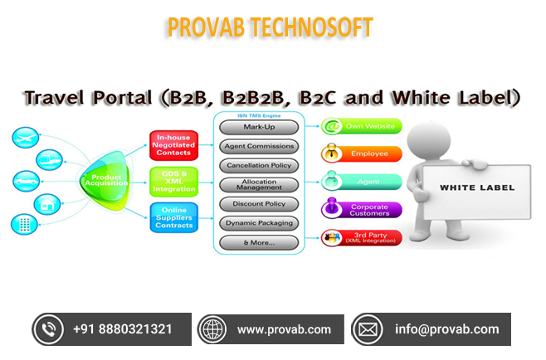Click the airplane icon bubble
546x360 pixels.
[x=26, y=138]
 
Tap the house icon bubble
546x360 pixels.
[x=47, y=204]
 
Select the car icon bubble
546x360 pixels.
[x=27, y=181]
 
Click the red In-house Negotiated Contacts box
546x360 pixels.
[x=173, y=145]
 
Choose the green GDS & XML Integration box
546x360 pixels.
[x=173, y=182]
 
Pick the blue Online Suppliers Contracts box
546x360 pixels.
[x=174, y=217]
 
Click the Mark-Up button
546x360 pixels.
[x=259, y=127]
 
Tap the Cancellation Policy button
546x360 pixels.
[x=259, y=165]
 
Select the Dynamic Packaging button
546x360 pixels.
[x=259, y=223]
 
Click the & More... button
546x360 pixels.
[x=259, y=243]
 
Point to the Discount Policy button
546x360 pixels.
[x=259, y=204]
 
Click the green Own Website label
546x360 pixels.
[x=362, y=126]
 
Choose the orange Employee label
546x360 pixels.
[x=362, y=153]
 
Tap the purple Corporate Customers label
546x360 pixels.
[x=362, y=209]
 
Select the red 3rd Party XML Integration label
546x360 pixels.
[x=362, y=238]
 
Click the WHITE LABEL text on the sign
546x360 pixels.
[x=477, y=187]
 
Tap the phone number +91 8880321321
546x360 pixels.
[x=123, y=329]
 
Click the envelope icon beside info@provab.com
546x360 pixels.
[x=368, y=329]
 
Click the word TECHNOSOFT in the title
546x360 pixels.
[x=312, y=27]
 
